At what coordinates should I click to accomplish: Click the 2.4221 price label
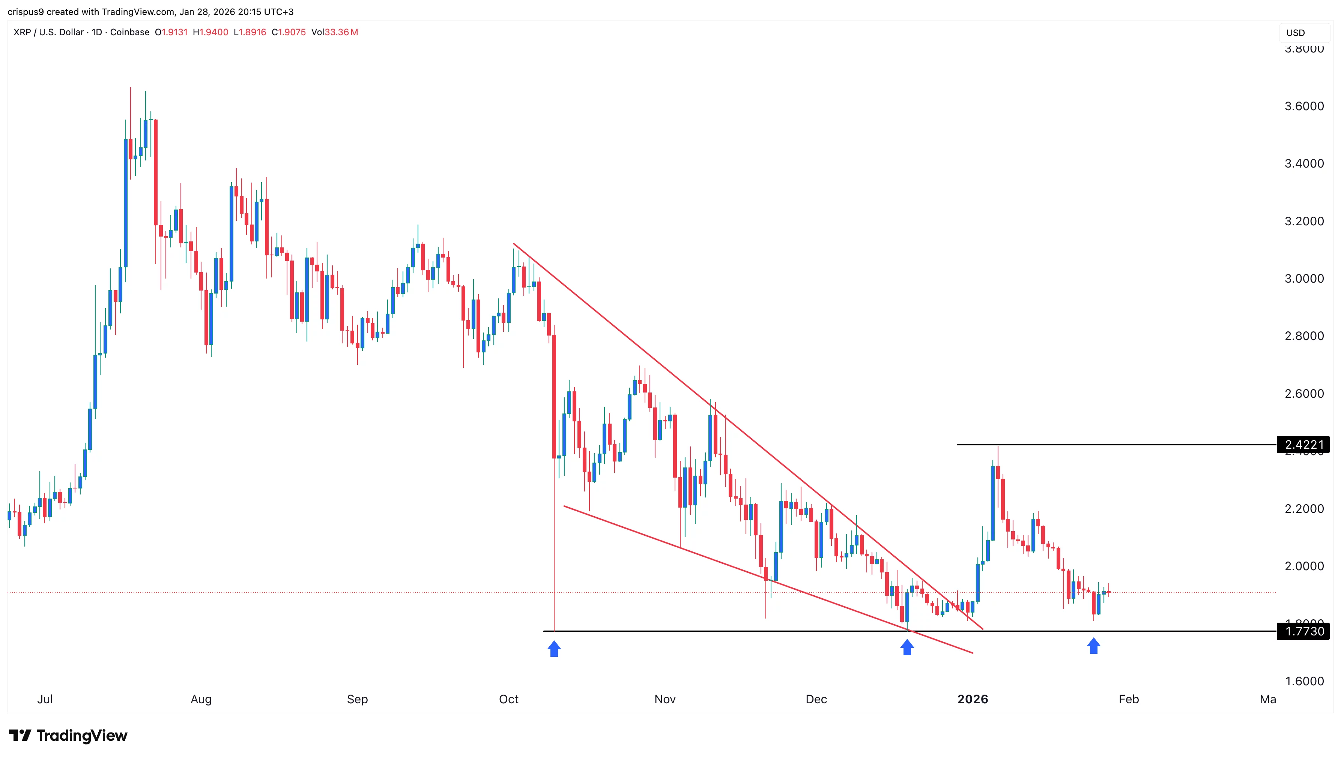(x=1303, y=445)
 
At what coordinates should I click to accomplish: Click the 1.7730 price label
(x=1303, y=632)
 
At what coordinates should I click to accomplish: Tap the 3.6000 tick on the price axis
(x=1303, y=106)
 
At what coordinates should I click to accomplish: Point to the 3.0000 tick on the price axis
(x=1303, y=279)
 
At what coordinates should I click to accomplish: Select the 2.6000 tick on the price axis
(x=1303, y=394)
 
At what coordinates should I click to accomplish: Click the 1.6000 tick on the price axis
(x=1303, y=681)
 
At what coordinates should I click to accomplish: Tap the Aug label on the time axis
(x=201, y=699)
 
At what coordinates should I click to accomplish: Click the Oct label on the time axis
(x=508, y=699)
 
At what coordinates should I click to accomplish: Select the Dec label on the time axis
(x=816, y=699)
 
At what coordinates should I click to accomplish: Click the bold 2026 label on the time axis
(x=972, y=699)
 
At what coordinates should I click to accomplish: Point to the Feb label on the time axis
(x=1128, y=699)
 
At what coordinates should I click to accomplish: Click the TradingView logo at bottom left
(x=68, y=736)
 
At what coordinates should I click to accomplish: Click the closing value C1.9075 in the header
(x=289, y=32)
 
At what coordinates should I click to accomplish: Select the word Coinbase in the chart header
(x=130, y=32)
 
